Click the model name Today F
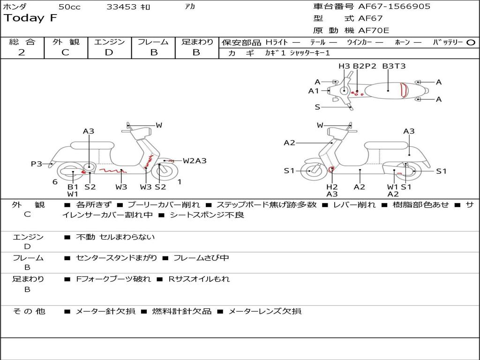point(30,18)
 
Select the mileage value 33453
point(121,7)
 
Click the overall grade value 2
point(22,52)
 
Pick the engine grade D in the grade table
point(109,52)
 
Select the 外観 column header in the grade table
point(66,42)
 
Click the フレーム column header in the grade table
point(153,42)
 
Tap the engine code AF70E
point(373,30)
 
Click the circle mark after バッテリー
point(471,42)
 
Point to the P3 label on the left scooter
point(37,164)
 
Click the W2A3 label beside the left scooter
point(195,161)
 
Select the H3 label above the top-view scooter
point(344,66)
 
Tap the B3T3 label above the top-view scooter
point(394,66)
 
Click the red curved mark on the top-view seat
point(403,90)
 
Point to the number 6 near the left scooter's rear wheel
point(55,182)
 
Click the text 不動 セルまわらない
point(115,237)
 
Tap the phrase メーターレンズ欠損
point(264,311)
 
